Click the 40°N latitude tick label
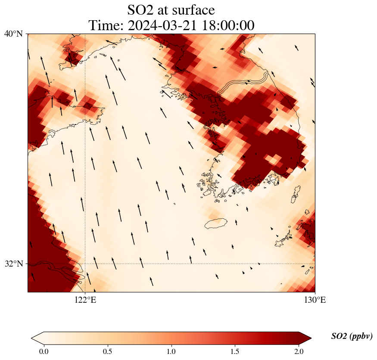point(13,34)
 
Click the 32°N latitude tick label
point(13,264)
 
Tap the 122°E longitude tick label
point(85,300)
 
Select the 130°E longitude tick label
point(315,300)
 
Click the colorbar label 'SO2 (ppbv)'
point(352,336)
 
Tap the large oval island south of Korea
point(216,223)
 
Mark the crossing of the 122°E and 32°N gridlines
point(85,264)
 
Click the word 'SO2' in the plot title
point(141,9)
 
